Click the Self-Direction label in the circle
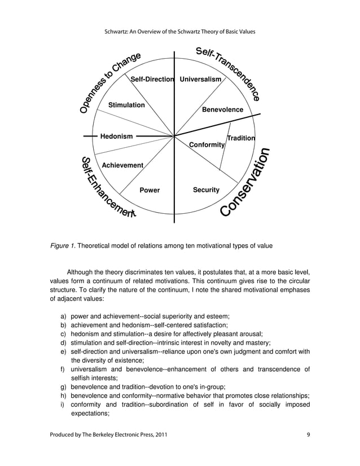coord(152,80)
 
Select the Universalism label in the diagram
coord(200,80)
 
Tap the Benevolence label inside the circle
coord(222,109)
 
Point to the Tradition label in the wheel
coord(241,138)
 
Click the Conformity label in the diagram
coord(207,145)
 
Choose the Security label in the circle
coord(206,190)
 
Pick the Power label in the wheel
coord(150,190)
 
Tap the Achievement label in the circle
coord(122,165)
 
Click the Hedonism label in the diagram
coord(116,136)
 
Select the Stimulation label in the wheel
coord(126,105)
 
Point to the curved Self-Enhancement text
coord(104,189)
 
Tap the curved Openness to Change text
coord(107,82)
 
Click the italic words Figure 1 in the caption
coord(62,246)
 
